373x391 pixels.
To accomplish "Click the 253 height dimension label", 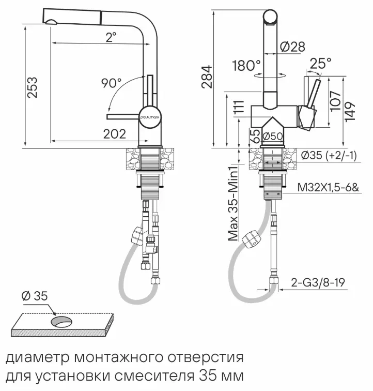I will coord(32,89).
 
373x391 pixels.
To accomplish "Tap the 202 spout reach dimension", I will coord(114,134).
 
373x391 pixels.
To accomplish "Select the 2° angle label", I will coord(111,37).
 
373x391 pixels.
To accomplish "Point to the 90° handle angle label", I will coord(111,83).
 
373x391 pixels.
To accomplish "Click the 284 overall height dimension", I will coord(206,77).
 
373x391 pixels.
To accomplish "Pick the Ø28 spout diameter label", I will coord(292,47).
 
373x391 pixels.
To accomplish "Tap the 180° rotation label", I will coord(246,66).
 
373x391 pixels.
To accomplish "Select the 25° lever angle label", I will coord(320,64).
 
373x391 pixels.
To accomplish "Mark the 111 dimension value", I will coord(238,108).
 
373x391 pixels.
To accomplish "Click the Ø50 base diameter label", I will coord(272,137).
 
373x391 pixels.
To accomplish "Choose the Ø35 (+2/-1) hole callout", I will coord(329,155).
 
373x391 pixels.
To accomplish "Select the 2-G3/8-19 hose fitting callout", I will coord(318,282).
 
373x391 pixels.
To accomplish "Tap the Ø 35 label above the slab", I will coord(35,296).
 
